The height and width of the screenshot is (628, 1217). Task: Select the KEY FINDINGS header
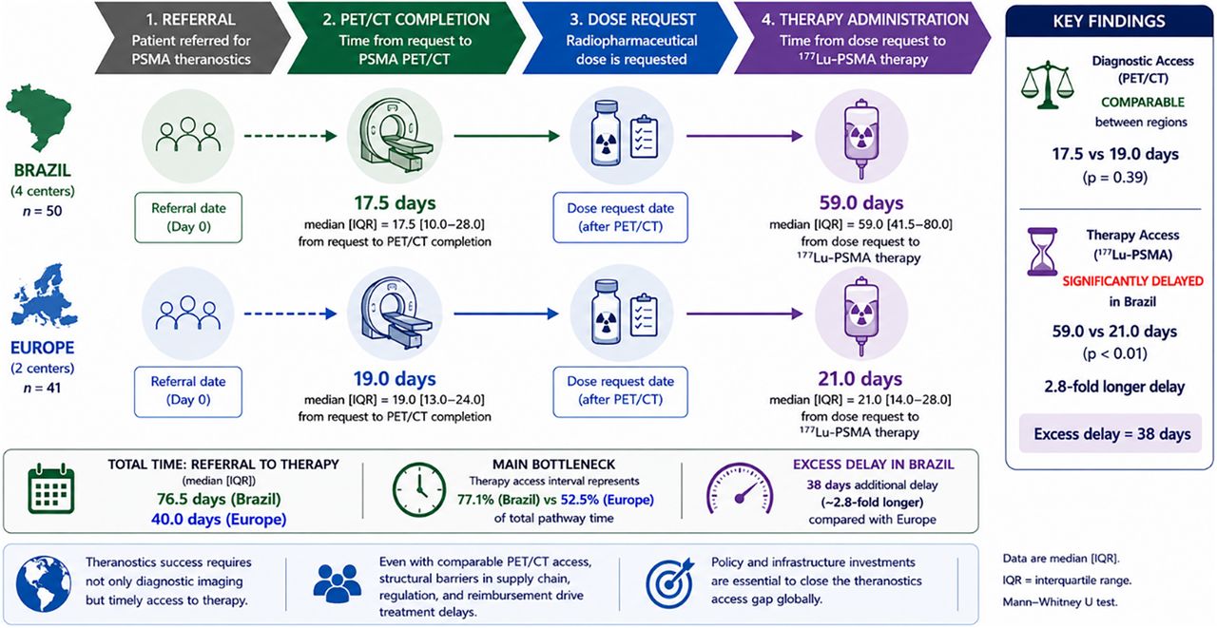(x=1109, y=21)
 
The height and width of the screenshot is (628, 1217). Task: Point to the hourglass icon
(x=1042, y=252)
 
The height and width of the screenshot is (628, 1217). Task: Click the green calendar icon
(x=51, y=488)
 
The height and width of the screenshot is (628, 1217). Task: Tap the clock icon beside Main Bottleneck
(x=419, y=490)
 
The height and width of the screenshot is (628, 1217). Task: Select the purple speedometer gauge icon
(x=740, y=488)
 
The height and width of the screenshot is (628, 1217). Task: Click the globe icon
(x=44, y=584)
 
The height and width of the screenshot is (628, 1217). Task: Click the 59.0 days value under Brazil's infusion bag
(x=861, y=203)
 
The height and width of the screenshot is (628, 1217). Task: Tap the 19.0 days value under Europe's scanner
(x=395, y=378)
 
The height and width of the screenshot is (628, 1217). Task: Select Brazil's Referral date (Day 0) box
(x=188, y=218)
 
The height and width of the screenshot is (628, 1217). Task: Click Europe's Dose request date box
(x=621, y=391)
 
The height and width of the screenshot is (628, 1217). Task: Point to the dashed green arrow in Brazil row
(x=291, y=136)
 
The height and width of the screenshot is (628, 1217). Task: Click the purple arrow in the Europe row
(x=744, y=314)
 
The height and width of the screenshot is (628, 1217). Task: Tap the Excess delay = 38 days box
(x=1111, y=433)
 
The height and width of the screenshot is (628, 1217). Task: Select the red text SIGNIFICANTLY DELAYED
(x=1132, y=281)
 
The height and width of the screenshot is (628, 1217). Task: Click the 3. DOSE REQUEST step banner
(x=630, y=38)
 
